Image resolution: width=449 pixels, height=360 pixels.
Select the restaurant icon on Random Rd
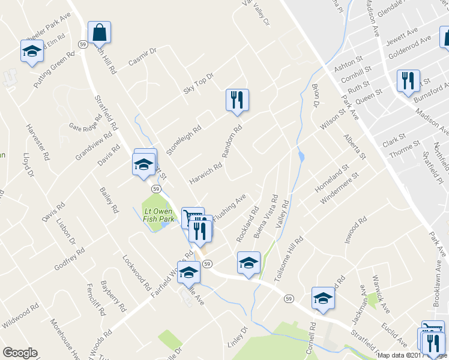tap(237, 100)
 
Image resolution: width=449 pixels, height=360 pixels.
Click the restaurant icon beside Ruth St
tap(408, 81)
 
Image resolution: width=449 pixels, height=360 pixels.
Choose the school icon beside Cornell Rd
tap(323, 298)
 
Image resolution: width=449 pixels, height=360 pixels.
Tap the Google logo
tap(20, 353)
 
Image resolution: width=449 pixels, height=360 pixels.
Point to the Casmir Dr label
tap(142, 57)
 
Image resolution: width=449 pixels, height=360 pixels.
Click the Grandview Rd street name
tap(94, 145)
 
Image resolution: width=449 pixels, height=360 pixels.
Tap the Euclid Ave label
tap(394, 334)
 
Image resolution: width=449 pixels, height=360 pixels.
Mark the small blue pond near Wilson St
tap(301, 157)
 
